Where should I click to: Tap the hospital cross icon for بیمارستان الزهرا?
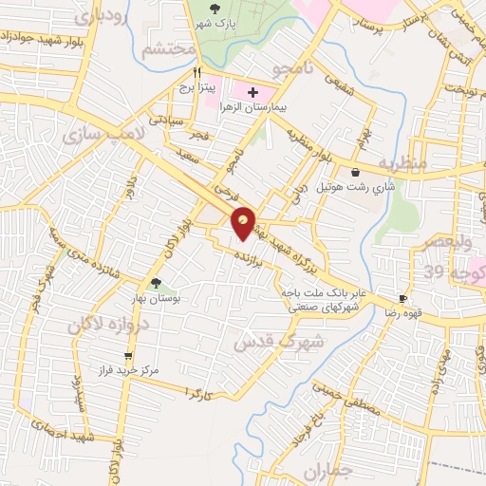pos(253,92)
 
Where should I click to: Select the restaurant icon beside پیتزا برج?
pos(197,71)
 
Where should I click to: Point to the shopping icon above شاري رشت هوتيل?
pos(355,173)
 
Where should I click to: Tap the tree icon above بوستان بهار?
pos(156,283)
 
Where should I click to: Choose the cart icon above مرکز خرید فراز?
pos(129,357)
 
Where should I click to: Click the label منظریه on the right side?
pos(402,164)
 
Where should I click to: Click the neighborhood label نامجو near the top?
pos(286,69)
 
